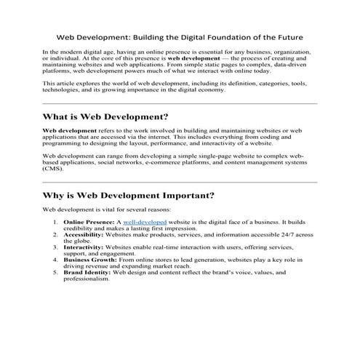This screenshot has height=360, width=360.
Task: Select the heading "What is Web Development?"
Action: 105,117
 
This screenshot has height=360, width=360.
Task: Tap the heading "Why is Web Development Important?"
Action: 128,195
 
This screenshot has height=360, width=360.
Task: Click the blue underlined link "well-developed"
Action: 145,220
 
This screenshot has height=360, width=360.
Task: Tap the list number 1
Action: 55,220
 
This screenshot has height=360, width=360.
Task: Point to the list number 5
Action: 55,272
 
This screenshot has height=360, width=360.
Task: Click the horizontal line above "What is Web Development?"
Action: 180,103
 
